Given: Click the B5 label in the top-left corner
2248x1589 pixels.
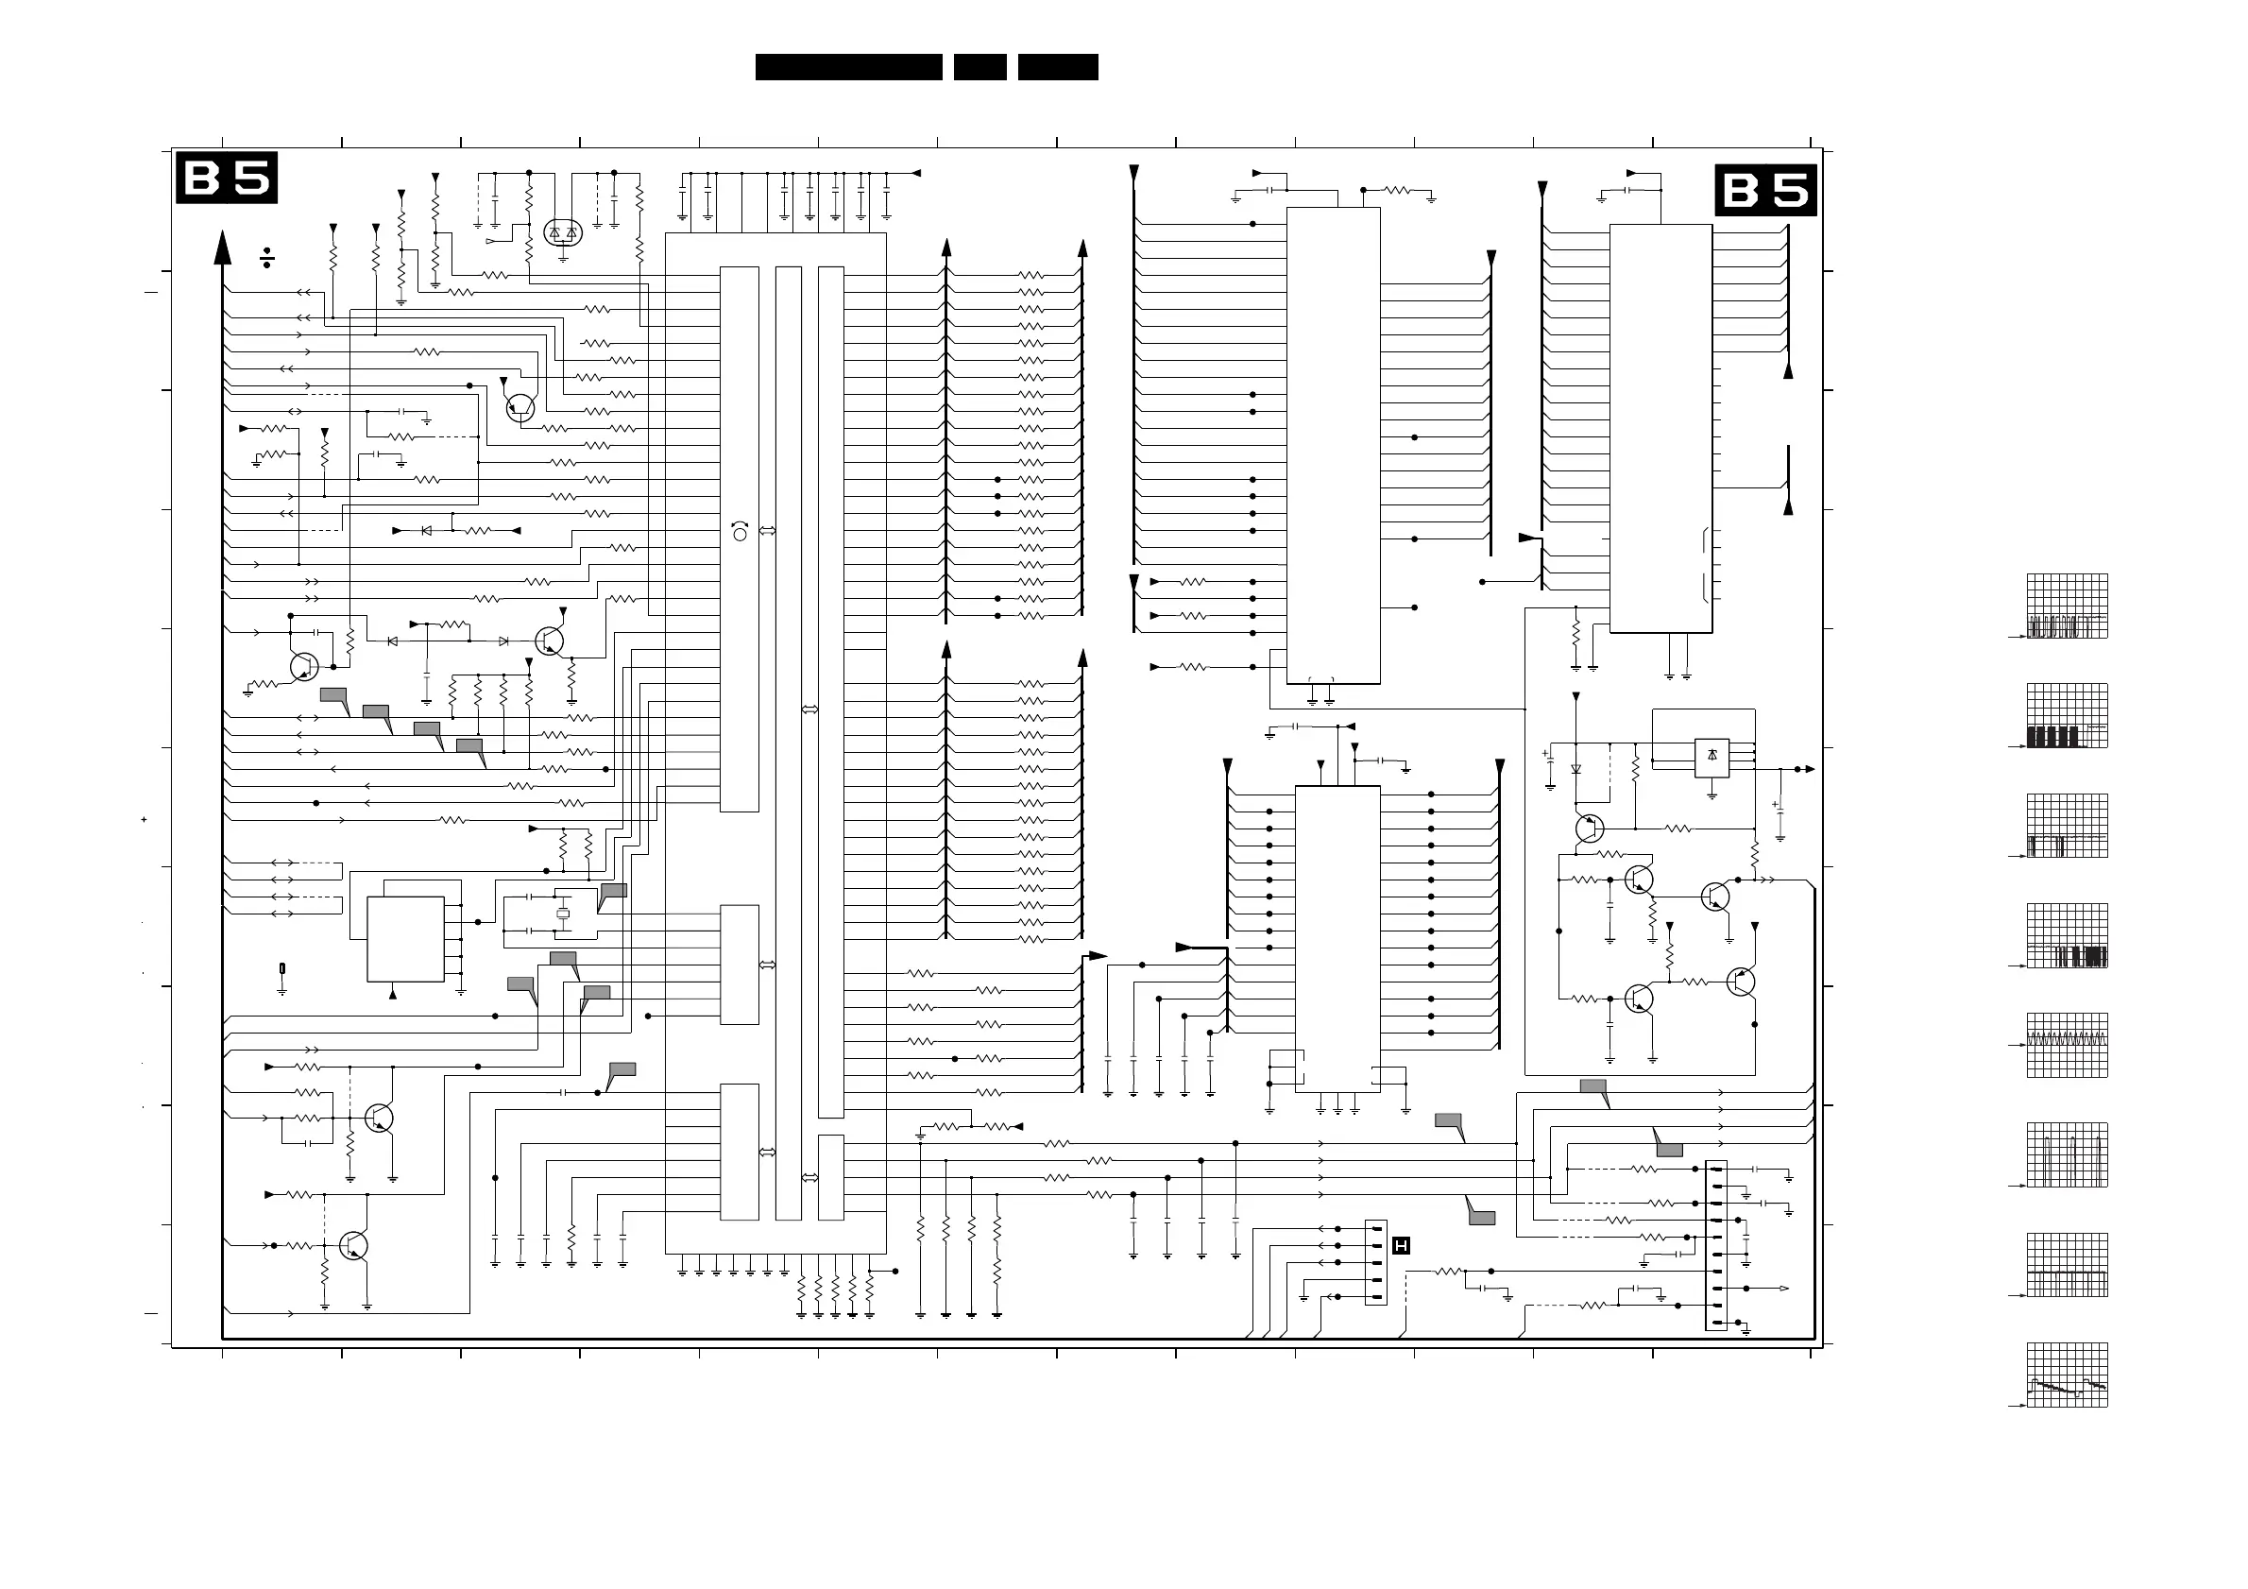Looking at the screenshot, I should tap(226, 178).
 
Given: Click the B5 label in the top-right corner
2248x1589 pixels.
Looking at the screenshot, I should tap(1765, 190).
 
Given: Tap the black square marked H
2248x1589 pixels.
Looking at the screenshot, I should tap(1401, 1245).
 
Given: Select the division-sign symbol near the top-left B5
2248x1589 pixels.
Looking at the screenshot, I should tap(266, 258).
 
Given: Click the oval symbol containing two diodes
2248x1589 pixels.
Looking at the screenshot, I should tap(563, 233).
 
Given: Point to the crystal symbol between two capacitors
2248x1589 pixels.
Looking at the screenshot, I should tap(563, 914).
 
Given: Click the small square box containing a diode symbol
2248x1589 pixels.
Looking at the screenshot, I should tap(1712, 757).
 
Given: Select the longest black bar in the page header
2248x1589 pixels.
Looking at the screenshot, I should tap(848, 66).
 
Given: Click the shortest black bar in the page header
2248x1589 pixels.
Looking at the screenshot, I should tap(980, 66).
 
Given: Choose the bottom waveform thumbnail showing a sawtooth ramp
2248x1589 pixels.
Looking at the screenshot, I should tap(2067, 1375).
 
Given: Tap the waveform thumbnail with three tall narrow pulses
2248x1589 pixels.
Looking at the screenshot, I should tap(2067, 1155).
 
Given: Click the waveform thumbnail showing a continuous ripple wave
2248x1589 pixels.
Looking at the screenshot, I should tap(2067, 1045).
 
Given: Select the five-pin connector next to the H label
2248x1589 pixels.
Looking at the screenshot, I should tap(1375, 1262).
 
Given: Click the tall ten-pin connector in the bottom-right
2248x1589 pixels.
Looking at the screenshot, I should tap(1715, 1245).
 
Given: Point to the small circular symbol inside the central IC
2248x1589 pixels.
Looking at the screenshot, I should tap(741, 534).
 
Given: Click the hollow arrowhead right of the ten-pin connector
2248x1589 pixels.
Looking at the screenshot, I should tap(1784, 1289).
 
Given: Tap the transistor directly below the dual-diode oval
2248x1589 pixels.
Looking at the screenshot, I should tap(519, 407).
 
